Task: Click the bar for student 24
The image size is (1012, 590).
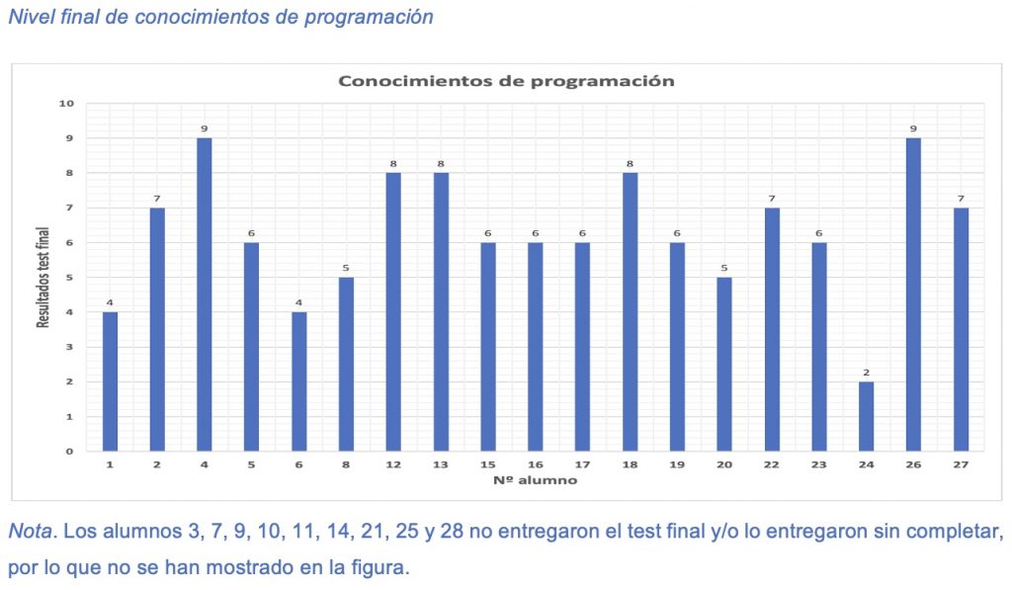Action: (866, 416)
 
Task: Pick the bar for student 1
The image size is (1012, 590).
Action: (109, 381)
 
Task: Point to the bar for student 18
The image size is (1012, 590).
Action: (630, 312)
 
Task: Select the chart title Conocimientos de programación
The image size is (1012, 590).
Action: (506, 81)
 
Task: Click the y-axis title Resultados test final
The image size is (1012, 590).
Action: (44, 277)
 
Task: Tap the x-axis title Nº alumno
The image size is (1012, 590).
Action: (534, 480)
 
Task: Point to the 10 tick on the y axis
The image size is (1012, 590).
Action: (66, 103)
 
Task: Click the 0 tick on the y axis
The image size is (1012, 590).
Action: (70, 451)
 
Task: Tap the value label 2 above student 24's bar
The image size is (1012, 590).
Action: (866, 373)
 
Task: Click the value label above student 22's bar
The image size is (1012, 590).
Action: (772, 199)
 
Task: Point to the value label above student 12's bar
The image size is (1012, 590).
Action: (393, 164)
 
